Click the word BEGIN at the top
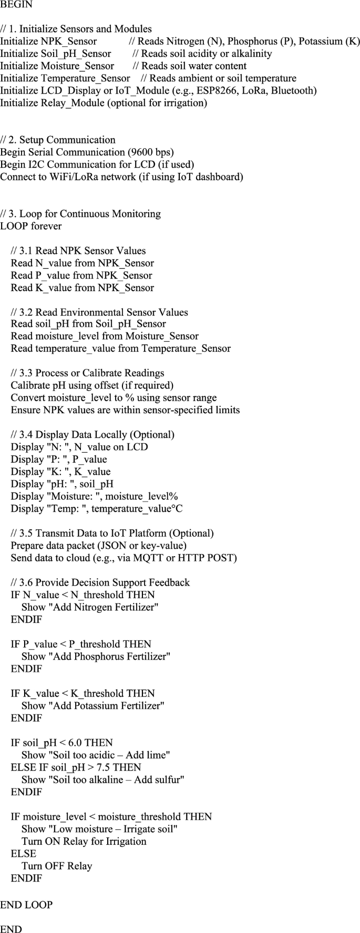(16, 4)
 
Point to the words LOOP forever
(31, 226)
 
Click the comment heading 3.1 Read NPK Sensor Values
(78, 251)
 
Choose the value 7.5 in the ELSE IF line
(95, 767)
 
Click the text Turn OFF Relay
(57, 866)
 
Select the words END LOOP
(26, 905)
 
